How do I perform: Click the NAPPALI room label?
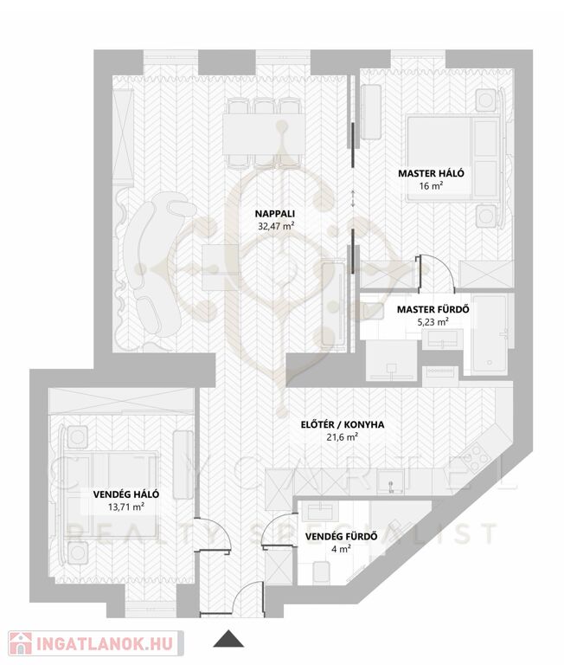(x=274, y=214)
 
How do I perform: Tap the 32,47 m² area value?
(x=276, y=226)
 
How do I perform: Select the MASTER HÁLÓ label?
(x=431, y=173)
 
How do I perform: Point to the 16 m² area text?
(x=431, y=186)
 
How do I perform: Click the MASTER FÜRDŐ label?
(x=433, y=310)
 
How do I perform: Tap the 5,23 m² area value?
(x=433, y=322)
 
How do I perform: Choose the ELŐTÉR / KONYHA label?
(x=343, y=424)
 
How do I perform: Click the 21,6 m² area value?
(x=343, y=436)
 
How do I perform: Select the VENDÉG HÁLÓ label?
(x=126, y=494)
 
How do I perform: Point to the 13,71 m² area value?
(x=126, y=507)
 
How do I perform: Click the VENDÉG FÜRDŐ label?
(x=342, y=537)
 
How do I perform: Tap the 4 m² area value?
(x=342, y=549)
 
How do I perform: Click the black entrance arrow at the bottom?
(x=228, y=639)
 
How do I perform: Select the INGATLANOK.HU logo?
(x=96, y=643)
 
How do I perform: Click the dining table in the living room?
(x=264, y=134)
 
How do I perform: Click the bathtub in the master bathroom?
(x=490, y=335)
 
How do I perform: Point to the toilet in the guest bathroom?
(x=321, y=571)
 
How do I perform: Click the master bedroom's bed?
(x=453, y=158)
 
